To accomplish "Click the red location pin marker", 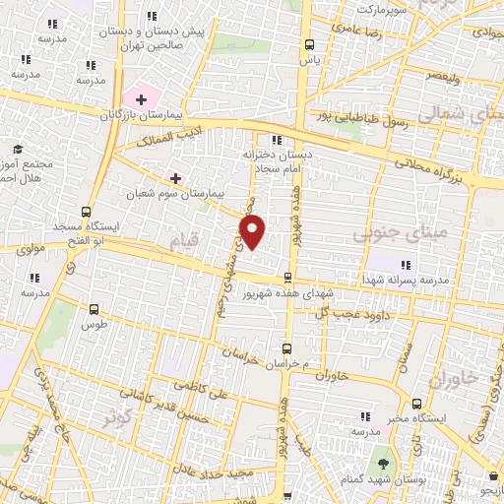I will [x=253, y=232].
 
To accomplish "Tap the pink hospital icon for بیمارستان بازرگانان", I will [x=141, y=98].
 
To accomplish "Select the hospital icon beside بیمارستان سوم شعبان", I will [x=175, y=178].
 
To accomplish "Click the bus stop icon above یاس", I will [x=310, y=44].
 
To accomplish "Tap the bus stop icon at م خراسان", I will [x=287, y=347].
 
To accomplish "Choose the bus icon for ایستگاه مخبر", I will [x=416, y=404].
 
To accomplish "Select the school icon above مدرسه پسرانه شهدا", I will [x=405, y=263].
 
